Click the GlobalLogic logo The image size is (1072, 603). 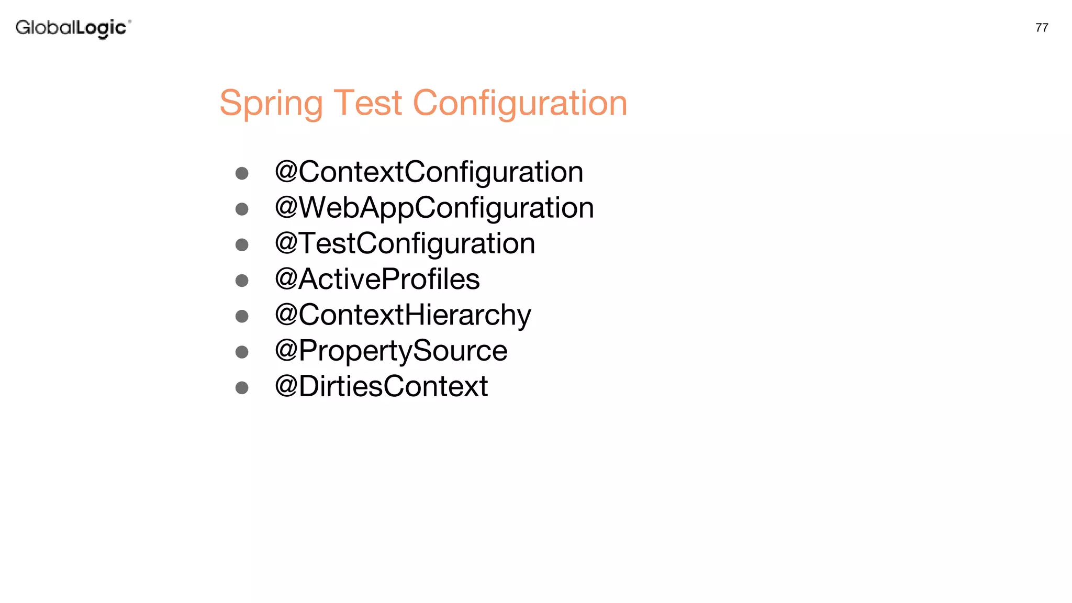click(x=73, y=28)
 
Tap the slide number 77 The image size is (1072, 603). click(x=1042, y=28)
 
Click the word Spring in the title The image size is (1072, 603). click(x=271, y=103)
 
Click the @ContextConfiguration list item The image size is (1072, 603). click(x=429, y=172)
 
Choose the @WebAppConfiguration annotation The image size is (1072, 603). click(x=434, y=208)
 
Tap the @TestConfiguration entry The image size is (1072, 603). click(x=405, y=243)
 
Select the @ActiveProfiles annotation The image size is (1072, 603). click(x=377, y=279)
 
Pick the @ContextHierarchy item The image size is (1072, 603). click(x=403, y=315)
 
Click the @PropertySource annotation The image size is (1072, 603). click(x=391, y=351)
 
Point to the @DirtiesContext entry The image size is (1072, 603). click(x=381, y=386)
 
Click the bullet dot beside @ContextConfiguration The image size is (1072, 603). click(x=242, y=173)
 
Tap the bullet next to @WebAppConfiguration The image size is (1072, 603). click(x=242, y=209)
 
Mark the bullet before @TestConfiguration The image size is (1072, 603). click(x=242, y=245)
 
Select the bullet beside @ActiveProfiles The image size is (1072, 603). click(x=242, y=281)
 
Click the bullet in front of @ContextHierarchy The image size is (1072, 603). click(x=242, y=316)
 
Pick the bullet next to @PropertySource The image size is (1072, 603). click(x=242, y=352)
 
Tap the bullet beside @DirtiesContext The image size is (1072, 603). click(x=242, y=388)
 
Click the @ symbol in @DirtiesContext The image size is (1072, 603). click(x=286, y=386)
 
